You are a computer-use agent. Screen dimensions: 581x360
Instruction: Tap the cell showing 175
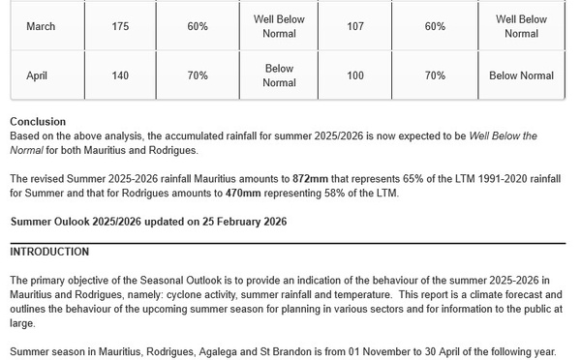120,26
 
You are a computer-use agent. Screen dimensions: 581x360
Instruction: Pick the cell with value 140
120,75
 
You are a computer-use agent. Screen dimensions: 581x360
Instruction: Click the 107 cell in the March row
354,26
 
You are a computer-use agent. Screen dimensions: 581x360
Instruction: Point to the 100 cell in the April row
354,75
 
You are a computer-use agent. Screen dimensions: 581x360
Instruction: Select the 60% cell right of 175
198,26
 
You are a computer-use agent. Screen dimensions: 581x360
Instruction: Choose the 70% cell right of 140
198,75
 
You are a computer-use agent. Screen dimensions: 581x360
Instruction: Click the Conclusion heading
38,122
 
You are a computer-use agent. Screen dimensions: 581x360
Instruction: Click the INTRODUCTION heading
49,252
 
